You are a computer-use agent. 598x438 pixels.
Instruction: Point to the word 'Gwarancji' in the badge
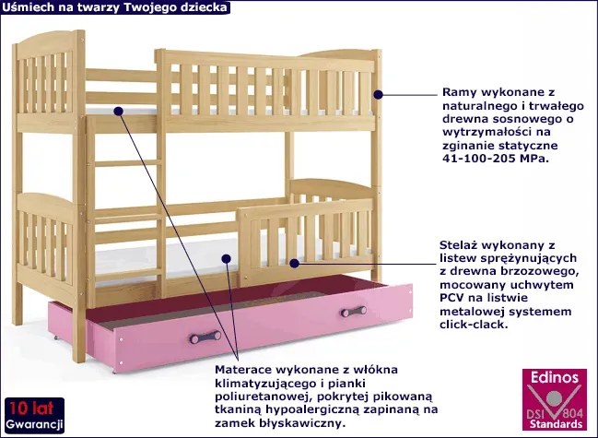[33, 424]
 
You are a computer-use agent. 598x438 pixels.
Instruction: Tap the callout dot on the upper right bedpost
[377, 93]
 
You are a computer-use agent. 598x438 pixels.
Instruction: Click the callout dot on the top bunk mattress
[118, 111]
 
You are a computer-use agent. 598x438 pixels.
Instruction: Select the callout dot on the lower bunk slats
[294, 263]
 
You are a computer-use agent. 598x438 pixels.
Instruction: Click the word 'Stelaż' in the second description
[464, 247]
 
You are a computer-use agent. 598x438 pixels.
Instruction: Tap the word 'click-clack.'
[479, 325]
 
